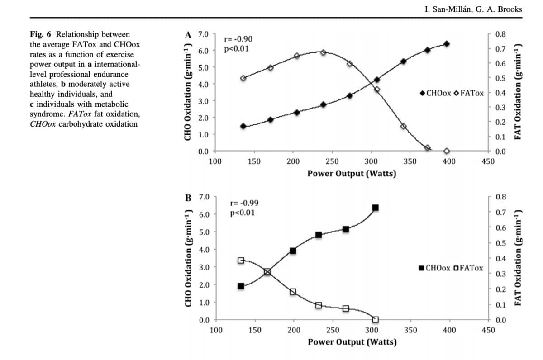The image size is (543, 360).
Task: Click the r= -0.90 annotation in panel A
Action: click(238, 39)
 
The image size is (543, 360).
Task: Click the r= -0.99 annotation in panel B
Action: click(245, 204)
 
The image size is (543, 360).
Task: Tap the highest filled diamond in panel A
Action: click(447, 44)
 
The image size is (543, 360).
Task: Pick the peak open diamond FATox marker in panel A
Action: click(323, 52)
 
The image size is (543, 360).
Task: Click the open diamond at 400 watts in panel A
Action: click(447, 151)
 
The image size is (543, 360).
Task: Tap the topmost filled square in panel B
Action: click(375, 208)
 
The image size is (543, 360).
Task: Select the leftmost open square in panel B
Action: click(241, 260)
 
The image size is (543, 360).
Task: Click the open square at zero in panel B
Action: click(375, 320)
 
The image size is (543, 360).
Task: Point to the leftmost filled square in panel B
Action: click(241, 286)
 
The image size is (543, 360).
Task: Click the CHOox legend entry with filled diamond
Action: click(435, 93)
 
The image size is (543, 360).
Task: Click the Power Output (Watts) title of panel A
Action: click(352, 173)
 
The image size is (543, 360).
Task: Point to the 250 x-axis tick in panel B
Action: click(333, 330)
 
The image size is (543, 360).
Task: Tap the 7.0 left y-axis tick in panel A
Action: click(203, 34)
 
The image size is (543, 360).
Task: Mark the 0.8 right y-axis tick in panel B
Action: click(501, 197)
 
